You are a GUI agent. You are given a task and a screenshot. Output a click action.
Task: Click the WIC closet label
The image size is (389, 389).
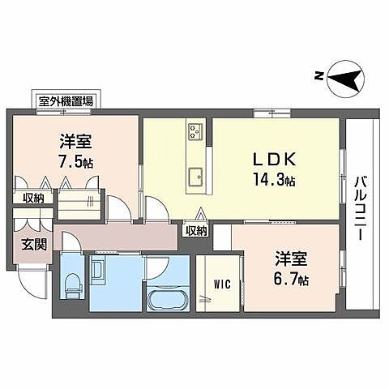coord(223,284)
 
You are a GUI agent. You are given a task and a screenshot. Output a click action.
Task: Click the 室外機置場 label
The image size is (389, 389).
coord(66,101)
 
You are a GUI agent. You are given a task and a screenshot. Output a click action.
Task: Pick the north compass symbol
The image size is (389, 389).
coord(347,79)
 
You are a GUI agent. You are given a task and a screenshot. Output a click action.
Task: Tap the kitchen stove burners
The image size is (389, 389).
coord(195,130)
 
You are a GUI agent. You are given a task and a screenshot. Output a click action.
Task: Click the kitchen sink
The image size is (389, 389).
coord(195,177)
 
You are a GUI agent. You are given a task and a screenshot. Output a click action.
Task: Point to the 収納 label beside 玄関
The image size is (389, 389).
coord(32,197)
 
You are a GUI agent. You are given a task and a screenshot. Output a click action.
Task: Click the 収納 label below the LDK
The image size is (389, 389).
coord(196,230)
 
